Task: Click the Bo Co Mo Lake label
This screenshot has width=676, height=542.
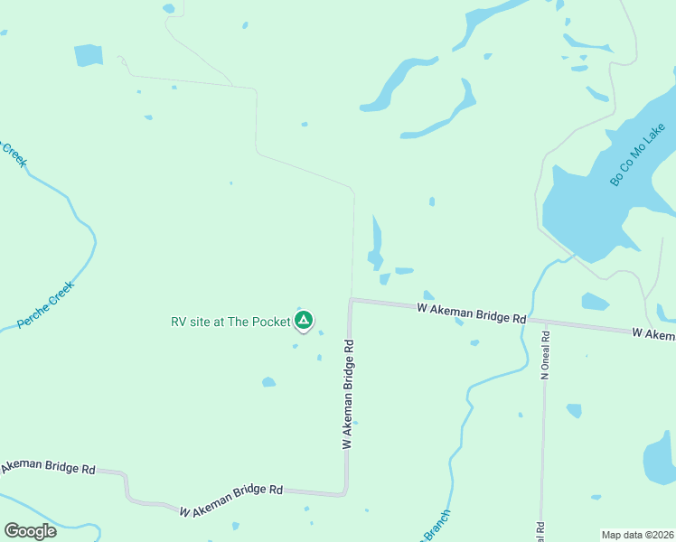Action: tap(638, 154)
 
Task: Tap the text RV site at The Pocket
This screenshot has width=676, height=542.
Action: tap(230, 322)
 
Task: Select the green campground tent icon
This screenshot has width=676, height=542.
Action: tap(305, 320)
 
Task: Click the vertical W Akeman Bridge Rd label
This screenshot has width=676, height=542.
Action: tap(347, 395)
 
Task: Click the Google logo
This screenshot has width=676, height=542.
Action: tap(30, 531)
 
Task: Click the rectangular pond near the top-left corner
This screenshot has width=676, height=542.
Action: tap(89, 55)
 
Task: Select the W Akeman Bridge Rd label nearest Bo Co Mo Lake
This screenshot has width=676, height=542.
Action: tap(472, 313)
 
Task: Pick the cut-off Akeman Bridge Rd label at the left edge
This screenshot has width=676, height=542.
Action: tap(47, 467)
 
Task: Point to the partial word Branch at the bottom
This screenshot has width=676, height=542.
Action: tap(435, 528)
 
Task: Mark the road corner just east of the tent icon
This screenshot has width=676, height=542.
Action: tap(351, 300)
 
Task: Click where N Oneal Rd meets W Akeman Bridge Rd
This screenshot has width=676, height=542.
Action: tap(546, 322)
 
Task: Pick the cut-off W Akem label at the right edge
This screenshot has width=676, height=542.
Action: tap(653, 334)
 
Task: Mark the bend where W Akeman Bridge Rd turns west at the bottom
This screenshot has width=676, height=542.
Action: tap(344, 492)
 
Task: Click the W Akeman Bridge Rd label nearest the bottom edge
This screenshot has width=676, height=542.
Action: tap(231, 501)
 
